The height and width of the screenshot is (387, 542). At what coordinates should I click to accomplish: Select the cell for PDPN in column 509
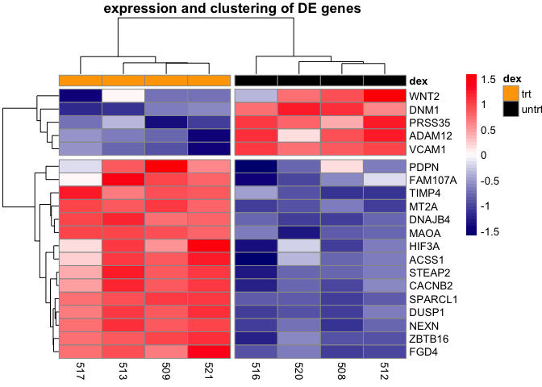(x=166, y=166)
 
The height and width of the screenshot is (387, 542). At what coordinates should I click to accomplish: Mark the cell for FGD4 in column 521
(x=209, y=351)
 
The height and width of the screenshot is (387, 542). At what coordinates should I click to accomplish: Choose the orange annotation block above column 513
(x=123, y=81)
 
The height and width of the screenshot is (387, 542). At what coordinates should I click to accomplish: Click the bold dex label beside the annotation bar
(x=419, y=81)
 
